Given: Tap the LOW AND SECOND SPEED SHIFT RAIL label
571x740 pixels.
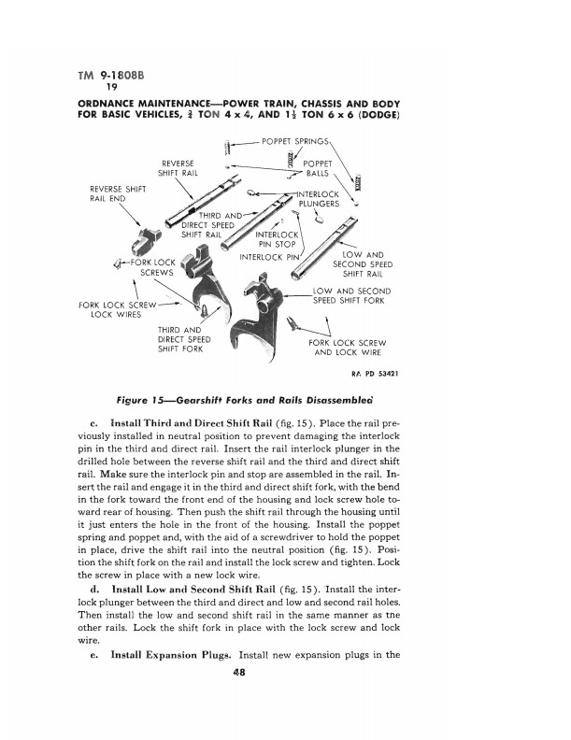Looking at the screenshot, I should pyautogui.click(x=365, y=264).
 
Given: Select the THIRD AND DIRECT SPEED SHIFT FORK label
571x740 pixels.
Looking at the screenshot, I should pyautogui.click(x=180, y=339).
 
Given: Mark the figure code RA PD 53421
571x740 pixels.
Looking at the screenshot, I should pyautogui.click(x=376, y=375).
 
